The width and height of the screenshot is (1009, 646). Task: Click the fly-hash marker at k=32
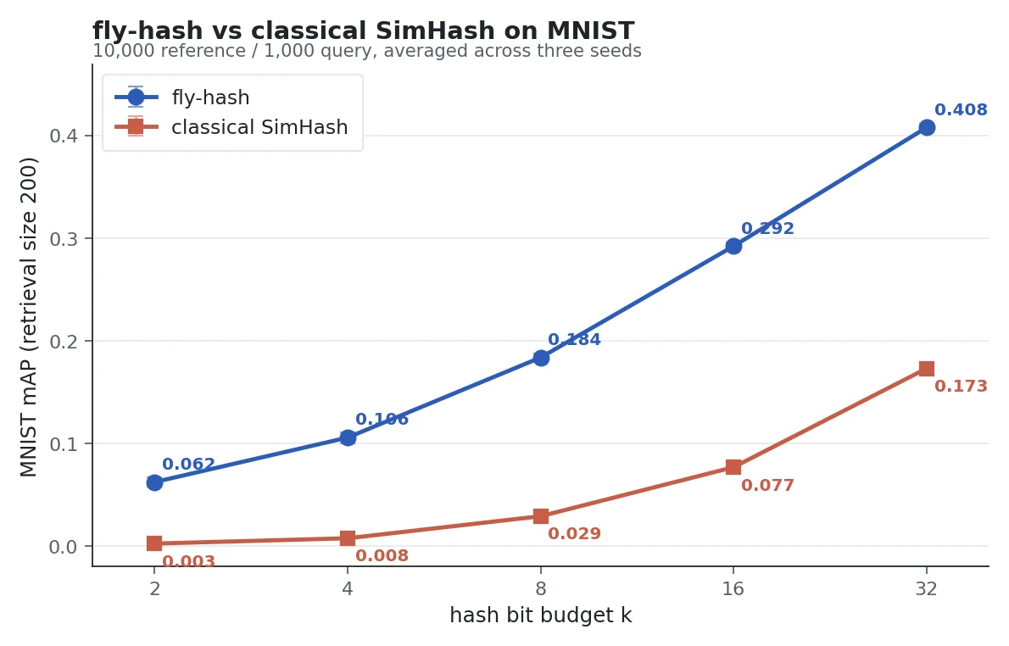(927, 127)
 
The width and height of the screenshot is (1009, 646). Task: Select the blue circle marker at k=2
(154, 482)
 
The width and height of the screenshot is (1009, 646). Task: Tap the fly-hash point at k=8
(541, 358)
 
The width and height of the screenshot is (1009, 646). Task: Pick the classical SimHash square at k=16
(733, 467)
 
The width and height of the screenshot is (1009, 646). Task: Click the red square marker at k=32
(927, 369)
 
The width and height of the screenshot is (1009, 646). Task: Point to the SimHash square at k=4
(348, 538)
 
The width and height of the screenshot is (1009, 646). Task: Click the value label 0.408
(961, 110)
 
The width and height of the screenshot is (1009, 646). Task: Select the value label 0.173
(961, 387)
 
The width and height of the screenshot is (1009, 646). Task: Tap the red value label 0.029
(574, 534)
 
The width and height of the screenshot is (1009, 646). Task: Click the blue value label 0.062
(188, 465)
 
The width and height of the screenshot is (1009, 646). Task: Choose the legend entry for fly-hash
(210, 97)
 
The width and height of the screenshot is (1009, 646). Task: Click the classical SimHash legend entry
(259, 128)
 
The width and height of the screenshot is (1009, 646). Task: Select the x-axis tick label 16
(733, 588)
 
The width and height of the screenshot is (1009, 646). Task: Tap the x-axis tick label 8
(541, 588)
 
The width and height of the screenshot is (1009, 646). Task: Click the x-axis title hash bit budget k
(540, 615)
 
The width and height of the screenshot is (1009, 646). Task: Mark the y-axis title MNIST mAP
(29, 316)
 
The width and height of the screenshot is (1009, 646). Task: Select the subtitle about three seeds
(366, 51)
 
